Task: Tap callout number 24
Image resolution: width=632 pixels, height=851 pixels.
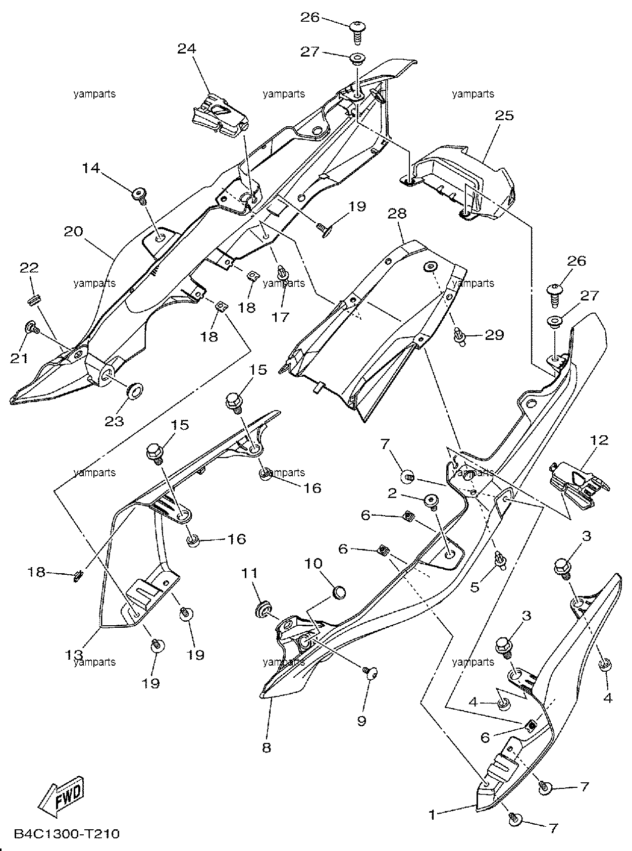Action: (187, 48)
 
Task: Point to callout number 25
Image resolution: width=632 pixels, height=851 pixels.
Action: (505, 115)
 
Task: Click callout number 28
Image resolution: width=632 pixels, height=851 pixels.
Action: (397, 213)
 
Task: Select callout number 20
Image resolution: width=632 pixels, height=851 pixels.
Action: (73, 231)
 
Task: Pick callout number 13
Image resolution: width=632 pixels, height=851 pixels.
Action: (73, 654)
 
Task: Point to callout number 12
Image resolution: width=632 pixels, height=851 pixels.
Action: (599, 440)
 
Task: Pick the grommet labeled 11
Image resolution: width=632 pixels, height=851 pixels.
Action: (264, 610)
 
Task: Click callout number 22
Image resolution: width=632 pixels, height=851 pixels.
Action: (29, 267)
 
